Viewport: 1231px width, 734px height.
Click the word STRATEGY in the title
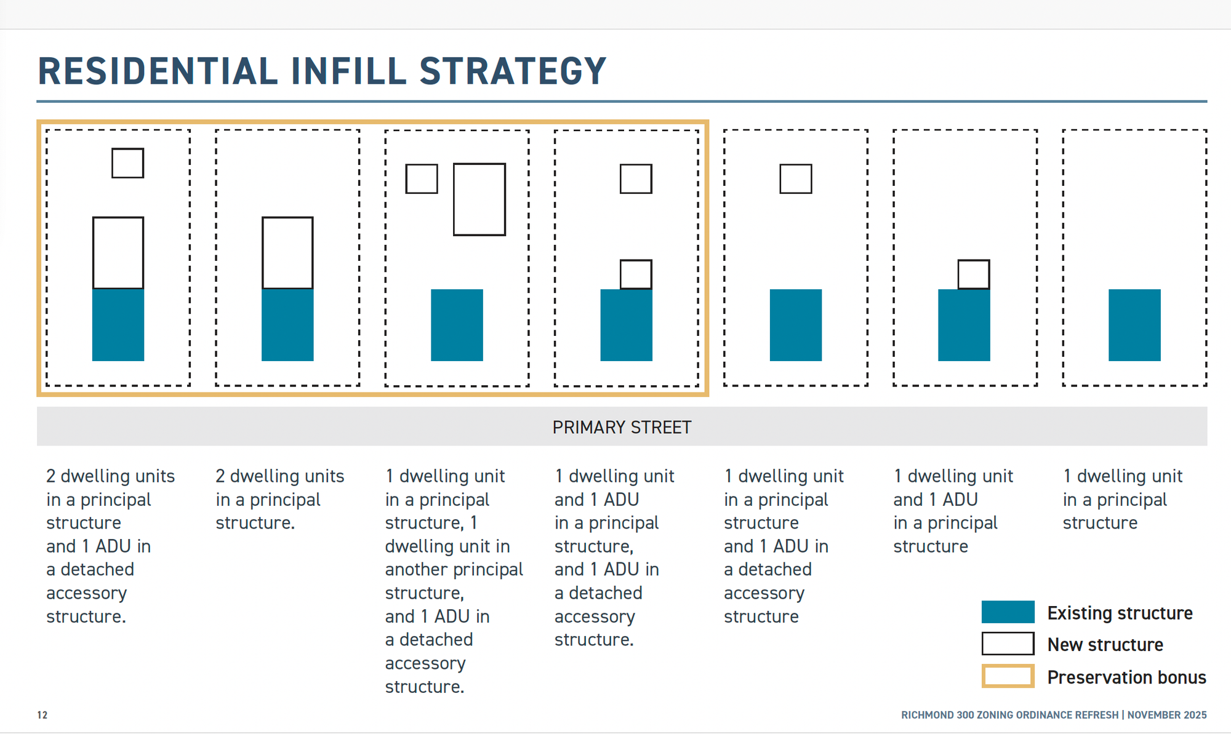(513, 71)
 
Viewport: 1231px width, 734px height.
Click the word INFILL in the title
(348, 71)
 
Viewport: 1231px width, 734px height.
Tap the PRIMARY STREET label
(622, 427)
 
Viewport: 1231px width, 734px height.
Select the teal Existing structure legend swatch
(1008, 612)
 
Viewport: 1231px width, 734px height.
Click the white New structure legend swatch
(1008, 644)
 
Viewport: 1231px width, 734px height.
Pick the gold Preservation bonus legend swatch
(1008, 676)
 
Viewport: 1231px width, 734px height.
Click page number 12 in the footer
(42, 715)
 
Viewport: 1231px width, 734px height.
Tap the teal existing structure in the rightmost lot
(1134, 325)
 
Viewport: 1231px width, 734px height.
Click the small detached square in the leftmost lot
(127, 163)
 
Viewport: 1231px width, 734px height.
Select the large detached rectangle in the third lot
(479, 199)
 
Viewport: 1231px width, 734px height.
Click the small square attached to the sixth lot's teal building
(974, 274)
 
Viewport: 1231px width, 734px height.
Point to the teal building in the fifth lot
(795, 325)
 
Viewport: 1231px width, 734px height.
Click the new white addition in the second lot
(287, 252)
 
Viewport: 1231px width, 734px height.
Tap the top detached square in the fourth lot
(636, 179)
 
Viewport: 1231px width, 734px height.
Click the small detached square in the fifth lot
(795, 179)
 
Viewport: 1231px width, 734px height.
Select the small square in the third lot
(422, 179)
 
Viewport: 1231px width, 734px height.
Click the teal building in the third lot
(457, 325)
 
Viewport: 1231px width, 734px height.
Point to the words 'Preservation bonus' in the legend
(1126, 677)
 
